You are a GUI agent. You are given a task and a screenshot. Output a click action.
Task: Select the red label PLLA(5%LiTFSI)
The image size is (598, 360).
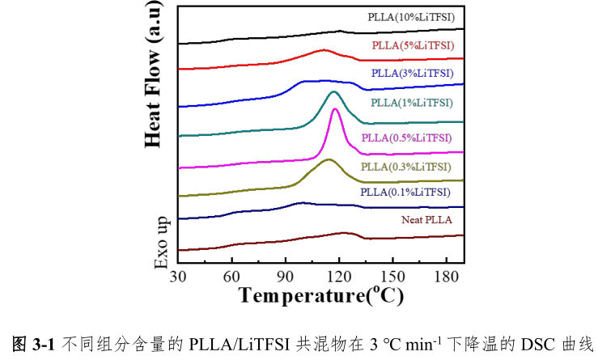coord(412,45)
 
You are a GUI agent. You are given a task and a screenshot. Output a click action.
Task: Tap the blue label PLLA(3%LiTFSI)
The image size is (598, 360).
coord(413,74)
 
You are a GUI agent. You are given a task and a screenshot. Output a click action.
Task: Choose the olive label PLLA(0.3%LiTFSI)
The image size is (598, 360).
coord(405,167)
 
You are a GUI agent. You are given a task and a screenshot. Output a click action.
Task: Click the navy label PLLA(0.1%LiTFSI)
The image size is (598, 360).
coord(405,193)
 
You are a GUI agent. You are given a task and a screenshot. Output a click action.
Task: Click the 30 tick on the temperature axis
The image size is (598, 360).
coord(179,277)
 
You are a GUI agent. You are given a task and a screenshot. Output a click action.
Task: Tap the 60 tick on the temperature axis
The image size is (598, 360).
coord(232,277)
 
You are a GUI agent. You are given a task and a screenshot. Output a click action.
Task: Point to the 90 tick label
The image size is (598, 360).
coord(286,277)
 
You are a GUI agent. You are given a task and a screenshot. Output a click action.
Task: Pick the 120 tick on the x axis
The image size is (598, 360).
coord(339,277)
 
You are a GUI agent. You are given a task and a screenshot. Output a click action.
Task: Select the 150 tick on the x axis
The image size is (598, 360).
coord(392,277)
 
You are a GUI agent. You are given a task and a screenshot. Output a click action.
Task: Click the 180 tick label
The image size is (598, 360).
coord(446,277)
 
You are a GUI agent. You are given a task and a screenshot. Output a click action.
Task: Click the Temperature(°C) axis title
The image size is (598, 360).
coord(320,295)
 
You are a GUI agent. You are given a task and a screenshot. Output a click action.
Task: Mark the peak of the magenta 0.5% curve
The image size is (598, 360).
coord(336,109)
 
